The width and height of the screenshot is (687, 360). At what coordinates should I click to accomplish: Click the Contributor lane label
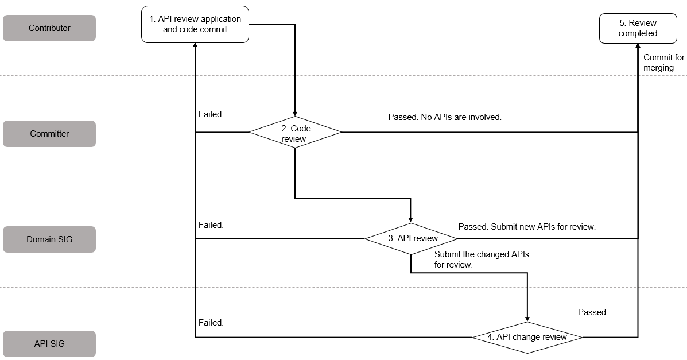coord(49,28)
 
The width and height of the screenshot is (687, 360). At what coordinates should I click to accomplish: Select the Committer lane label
coord(49,134)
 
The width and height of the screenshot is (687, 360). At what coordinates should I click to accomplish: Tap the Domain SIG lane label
coord(49,239)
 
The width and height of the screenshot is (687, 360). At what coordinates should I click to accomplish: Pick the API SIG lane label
coord(49,344)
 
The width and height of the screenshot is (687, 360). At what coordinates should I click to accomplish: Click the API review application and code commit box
coord(195,25)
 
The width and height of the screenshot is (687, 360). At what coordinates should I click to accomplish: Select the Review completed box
coord(638,29)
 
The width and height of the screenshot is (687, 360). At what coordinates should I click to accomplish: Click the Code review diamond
coord(296,132)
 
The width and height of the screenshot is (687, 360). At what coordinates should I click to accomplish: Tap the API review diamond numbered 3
coord(411,238)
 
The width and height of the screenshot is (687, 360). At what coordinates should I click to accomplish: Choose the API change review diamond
coord(527,337)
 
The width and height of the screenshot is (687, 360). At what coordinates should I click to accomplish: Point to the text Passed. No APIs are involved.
coord(445,117)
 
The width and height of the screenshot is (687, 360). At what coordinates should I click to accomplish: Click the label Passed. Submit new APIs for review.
coord(527,227)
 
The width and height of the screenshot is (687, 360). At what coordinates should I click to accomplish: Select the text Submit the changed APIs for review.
coord(482,259)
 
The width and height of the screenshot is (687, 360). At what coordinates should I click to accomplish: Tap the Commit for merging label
coord(664,62)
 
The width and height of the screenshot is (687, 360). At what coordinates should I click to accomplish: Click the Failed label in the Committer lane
coord(211,114)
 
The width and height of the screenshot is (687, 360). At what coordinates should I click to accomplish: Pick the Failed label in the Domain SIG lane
coord(211,225)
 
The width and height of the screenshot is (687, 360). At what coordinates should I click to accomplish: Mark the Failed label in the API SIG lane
coord(211,322)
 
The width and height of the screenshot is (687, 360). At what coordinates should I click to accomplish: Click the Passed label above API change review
coord(593,312)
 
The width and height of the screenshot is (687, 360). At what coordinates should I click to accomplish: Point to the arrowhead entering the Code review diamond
coord(295,114)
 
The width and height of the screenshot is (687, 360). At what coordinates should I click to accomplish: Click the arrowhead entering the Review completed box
coord(638,45)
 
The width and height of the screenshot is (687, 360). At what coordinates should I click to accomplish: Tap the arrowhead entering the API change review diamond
coord(527,319)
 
